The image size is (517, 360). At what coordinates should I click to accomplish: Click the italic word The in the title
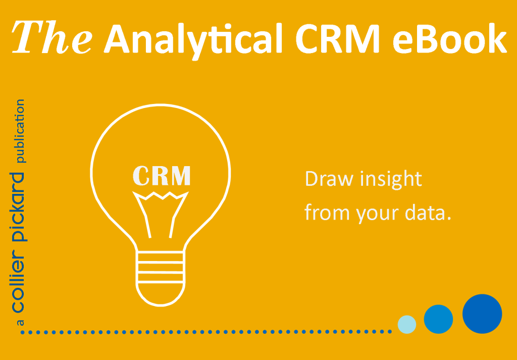point(52,37)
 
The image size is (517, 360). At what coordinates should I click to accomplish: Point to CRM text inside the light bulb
point(161,175)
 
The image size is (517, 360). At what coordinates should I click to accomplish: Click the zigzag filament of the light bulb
point(160,195)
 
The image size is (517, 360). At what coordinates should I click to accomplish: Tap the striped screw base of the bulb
point(160,268)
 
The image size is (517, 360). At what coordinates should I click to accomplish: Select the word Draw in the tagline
point(329,179)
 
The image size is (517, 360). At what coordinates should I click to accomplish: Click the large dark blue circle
point(482,314)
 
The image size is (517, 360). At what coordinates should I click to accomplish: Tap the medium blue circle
point(438,319)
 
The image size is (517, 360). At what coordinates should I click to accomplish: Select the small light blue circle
point(407,324)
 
